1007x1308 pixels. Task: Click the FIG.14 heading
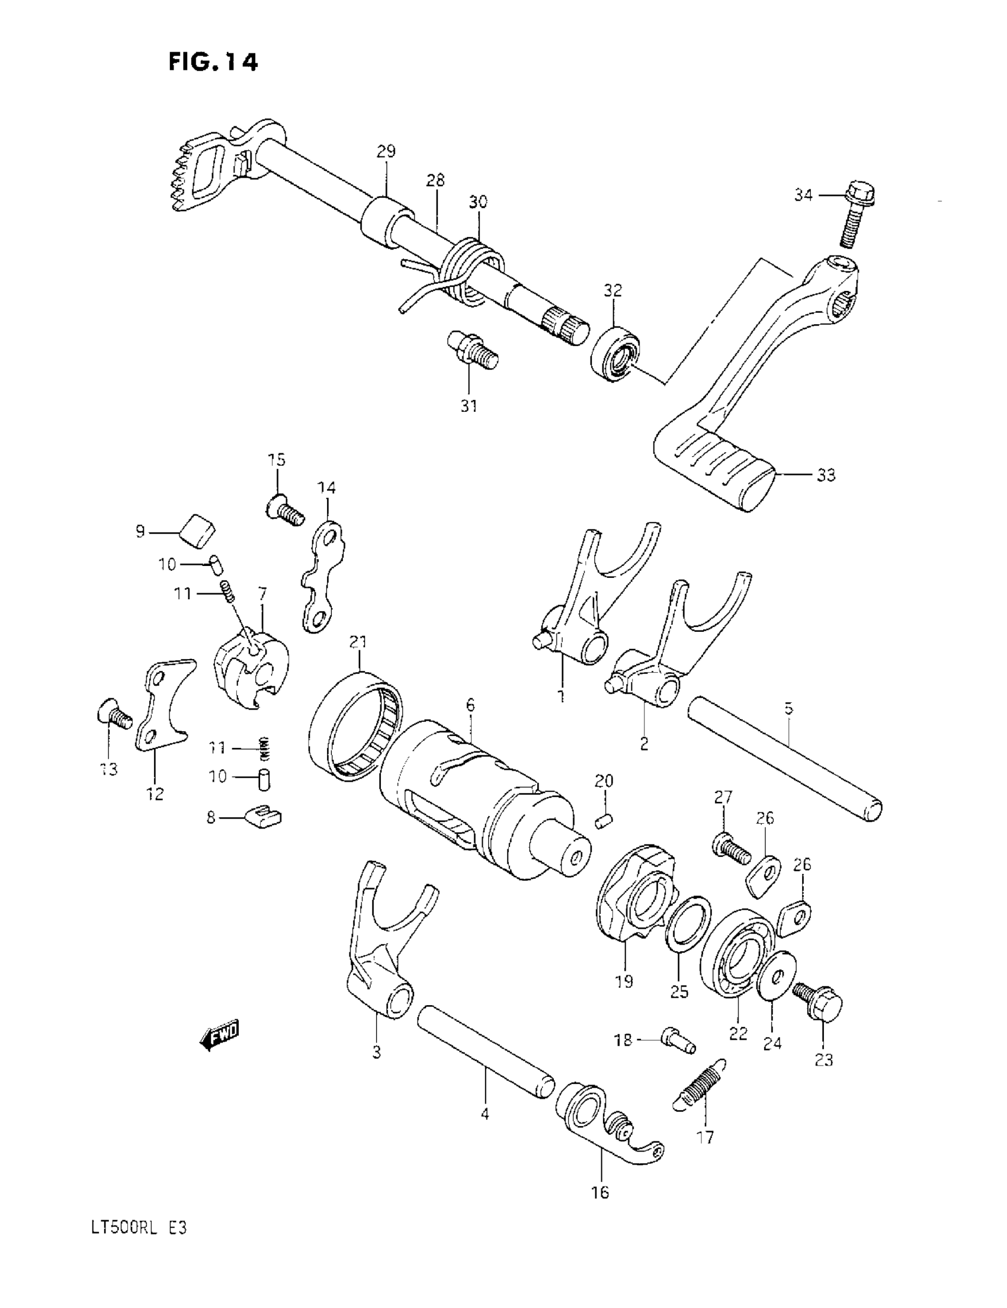tap(213, 61)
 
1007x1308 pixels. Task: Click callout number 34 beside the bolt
tap(803, 194)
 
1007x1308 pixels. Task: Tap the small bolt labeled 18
tap(676, 1039)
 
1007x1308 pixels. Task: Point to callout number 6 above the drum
tap(470, 705)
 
